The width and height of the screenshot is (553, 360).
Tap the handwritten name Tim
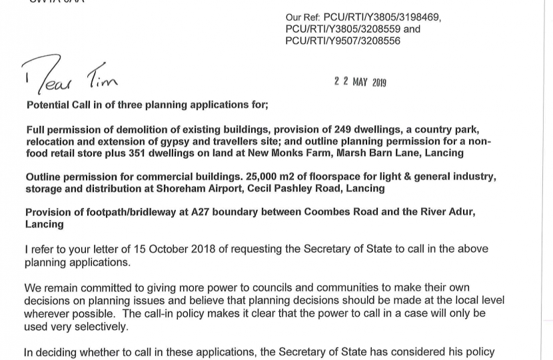(x=102, y=79)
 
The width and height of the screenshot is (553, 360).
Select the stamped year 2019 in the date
(x=379, y=83)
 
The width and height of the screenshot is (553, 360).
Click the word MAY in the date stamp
(x=360, y=82)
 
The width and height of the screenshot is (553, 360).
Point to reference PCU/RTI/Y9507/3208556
(x=343, y=41)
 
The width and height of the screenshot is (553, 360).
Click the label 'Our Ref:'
(x=303, y=18)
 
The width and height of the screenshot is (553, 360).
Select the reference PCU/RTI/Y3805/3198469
(x=382, y=18)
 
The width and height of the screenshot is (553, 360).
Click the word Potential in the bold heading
(x=49, y=105)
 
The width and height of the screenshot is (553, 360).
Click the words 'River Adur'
(x=447, y=212)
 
